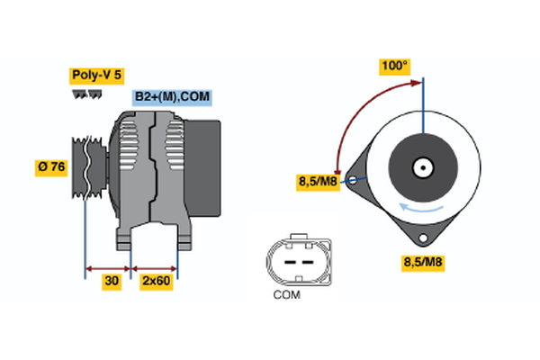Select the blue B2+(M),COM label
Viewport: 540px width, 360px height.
pos(173,97)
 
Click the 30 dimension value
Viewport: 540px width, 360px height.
pos(112,282)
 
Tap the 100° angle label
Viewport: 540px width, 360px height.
pos(394,66)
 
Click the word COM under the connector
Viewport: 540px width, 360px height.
pos(286,294)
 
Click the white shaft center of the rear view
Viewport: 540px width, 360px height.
pos(422,166)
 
